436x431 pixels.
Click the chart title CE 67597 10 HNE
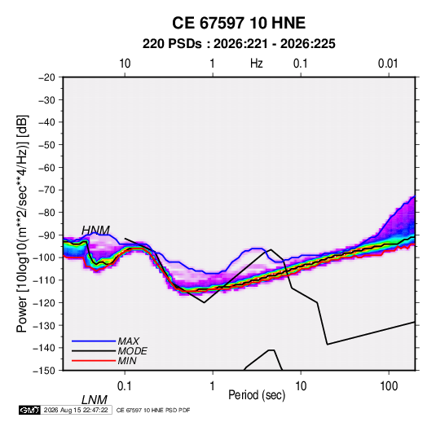tap(239, 23)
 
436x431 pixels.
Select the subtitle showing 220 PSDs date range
tap(239, 44)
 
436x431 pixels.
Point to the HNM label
tap(95, 231)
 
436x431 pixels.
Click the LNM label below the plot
tap(95, 400)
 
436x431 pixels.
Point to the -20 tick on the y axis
tap(46, 77)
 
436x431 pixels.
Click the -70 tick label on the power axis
tap(46, 190)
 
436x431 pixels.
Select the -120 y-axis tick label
tap(45, 303)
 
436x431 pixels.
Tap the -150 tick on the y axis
tap(45, 371)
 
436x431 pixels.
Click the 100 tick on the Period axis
tap(389, 386)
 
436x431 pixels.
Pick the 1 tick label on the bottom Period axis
tap(213, 386)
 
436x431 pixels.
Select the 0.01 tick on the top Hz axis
tap(388, 64)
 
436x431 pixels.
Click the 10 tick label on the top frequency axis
tap(125, 64)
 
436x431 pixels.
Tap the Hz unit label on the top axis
tap(257, 64)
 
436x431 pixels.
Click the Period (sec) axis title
tap(257, 395)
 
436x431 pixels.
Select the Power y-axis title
tap(22, 224)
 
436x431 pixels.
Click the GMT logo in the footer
tap(29, 410)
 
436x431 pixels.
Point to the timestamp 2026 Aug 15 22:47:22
tap(76, 410)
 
